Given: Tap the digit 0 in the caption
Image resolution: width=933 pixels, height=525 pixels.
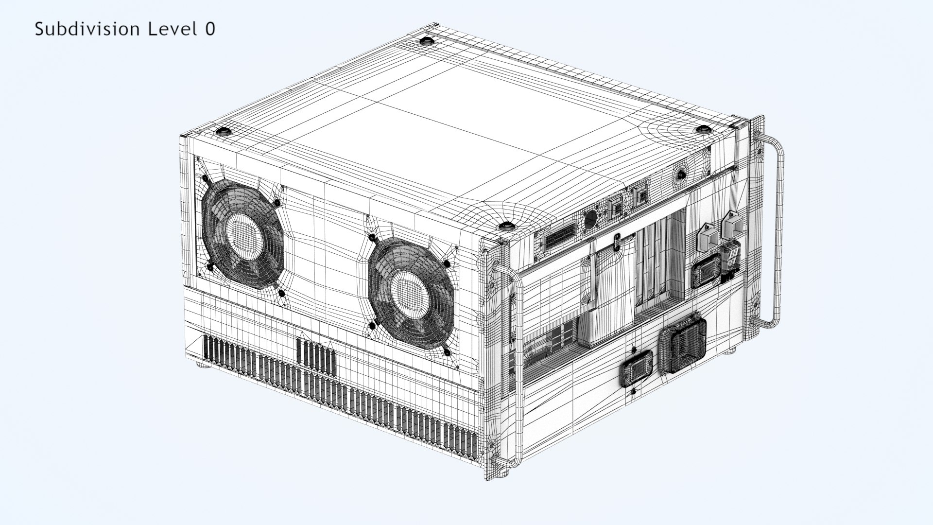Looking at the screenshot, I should [209, 29].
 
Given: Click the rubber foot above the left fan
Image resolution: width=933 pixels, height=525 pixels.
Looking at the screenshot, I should [223, 131].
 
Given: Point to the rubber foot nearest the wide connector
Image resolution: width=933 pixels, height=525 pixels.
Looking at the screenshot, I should [506, 226].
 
